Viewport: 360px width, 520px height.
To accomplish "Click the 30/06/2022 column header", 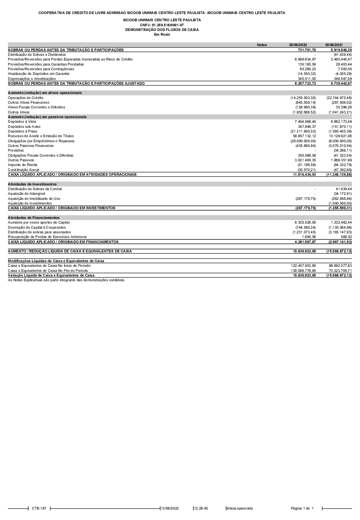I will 298,45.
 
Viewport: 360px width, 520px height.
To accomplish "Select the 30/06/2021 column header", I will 334,45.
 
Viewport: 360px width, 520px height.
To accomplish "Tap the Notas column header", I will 262,45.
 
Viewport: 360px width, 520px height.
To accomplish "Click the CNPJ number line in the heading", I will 162,25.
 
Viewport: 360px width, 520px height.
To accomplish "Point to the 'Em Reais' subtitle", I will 162,35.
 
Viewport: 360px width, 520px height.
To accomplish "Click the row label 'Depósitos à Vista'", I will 22,122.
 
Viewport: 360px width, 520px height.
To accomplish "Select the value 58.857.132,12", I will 304,136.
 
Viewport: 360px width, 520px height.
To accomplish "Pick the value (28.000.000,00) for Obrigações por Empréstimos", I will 303,141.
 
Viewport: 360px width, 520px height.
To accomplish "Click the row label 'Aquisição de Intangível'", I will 27,194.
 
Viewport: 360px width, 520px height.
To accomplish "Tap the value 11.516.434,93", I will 304,175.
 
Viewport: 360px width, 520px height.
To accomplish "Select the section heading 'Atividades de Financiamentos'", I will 34,218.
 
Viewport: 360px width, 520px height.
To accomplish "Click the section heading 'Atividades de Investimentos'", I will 32,184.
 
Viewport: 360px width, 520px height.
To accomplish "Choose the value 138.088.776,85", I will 303,270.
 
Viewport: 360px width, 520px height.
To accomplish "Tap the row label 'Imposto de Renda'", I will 23,165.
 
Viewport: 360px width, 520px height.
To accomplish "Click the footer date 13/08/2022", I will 170,508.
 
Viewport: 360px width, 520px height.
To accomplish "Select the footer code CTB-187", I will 39,508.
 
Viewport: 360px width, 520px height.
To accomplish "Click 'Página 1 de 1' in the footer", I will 302,508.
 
